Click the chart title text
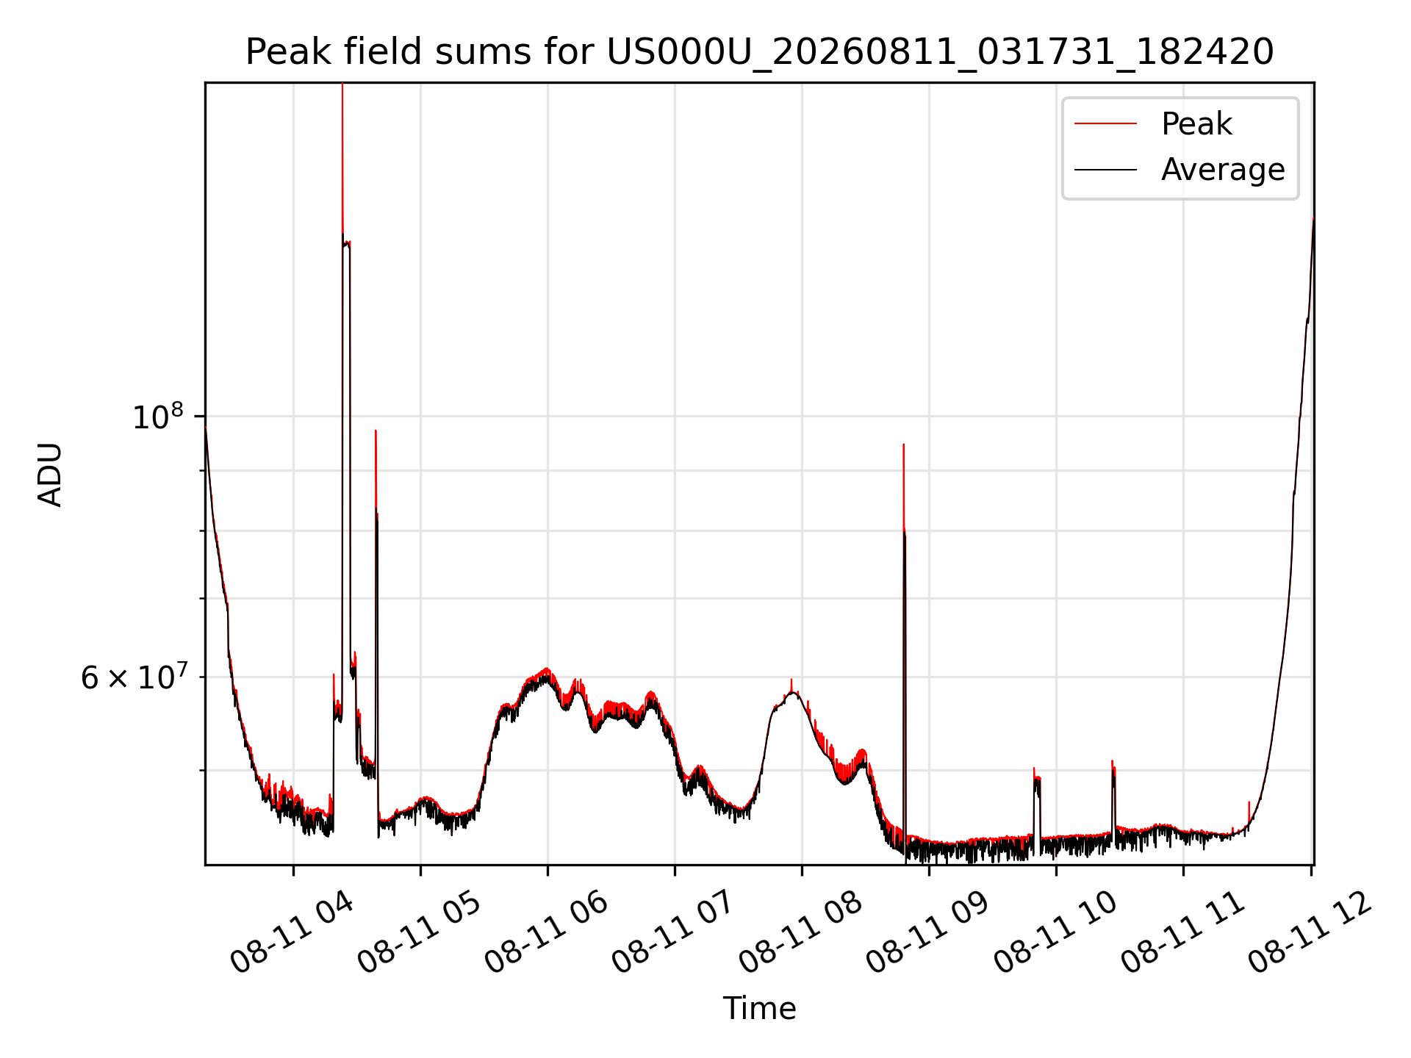[x=759, y=52]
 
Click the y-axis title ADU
[x=50, y=475]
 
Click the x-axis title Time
[x=759, y=1008]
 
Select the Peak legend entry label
[x=1196, y=124]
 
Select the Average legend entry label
[x=1223, y=170]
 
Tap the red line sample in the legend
[x=1105, y=124]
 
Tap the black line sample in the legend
[x=1105, y=170]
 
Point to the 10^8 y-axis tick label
[x=157, y=416]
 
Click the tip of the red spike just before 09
[x=903, y=444]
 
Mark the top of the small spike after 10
[x=1113, y=760]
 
